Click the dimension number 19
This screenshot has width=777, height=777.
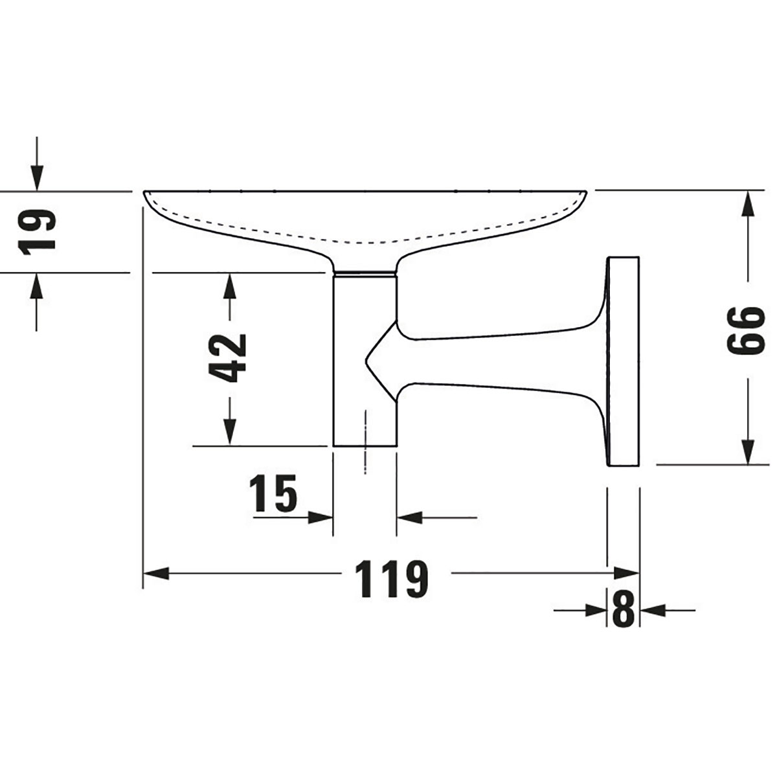37,231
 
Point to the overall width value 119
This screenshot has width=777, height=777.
392,578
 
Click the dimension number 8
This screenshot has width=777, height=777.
622,609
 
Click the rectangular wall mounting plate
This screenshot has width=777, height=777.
624,361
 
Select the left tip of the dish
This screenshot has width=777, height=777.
145,192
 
